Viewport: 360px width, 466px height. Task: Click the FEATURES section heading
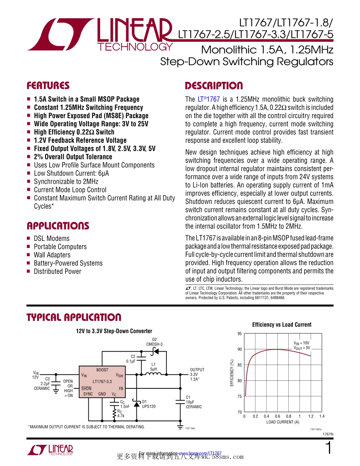pyautogui.click(x=48, y=86)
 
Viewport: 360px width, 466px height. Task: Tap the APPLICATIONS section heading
pyautogui.click(x=58, y=226)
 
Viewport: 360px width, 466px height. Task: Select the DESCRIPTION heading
pyautogui.click(x=214, y=86)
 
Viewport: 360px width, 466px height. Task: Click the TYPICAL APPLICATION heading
pyautogui.click(x=74, y=317)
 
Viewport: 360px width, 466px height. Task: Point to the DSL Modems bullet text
pyautogui.click(x=52, y=238)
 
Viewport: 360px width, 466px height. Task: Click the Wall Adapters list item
pyautogui.click(x=52, y=255)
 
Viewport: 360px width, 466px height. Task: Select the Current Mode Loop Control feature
pyautogui.click(x=70, y=190)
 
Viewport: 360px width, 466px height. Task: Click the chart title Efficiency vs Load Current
pyautogui.click(x=282, y=325)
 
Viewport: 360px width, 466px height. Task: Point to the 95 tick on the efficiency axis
pyautogui.click(x=239, y=334)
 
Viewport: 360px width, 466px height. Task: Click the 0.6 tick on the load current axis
pyautogui.click(x=277, y=416)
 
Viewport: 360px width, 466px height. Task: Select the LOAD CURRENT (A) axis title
pyautogui.click(x=282, y=422)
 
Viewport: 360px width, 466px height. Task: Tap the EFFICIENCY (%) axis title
pyautogui.click(x=232, y=373)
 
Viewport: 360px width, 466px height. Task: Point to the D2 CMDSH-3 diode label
pyautogui.click(x=154, y=342)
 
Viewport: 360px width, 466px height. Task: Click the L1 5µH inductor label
pyautogui.click(x=153, y=366)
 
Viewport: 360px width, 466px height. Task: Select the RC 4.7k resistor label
pyautogui.click(x=121, y=413)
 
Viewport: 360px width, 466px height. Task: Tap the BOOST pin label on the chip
pyautogui.click(x=102, y=370)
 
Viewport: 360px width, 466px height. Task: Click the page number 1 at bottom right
pyautogui.click(x=329, y=448)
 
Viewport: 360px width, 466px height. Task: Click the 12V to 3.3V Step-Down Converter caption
pyautogui.click(x=114, y=331)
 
